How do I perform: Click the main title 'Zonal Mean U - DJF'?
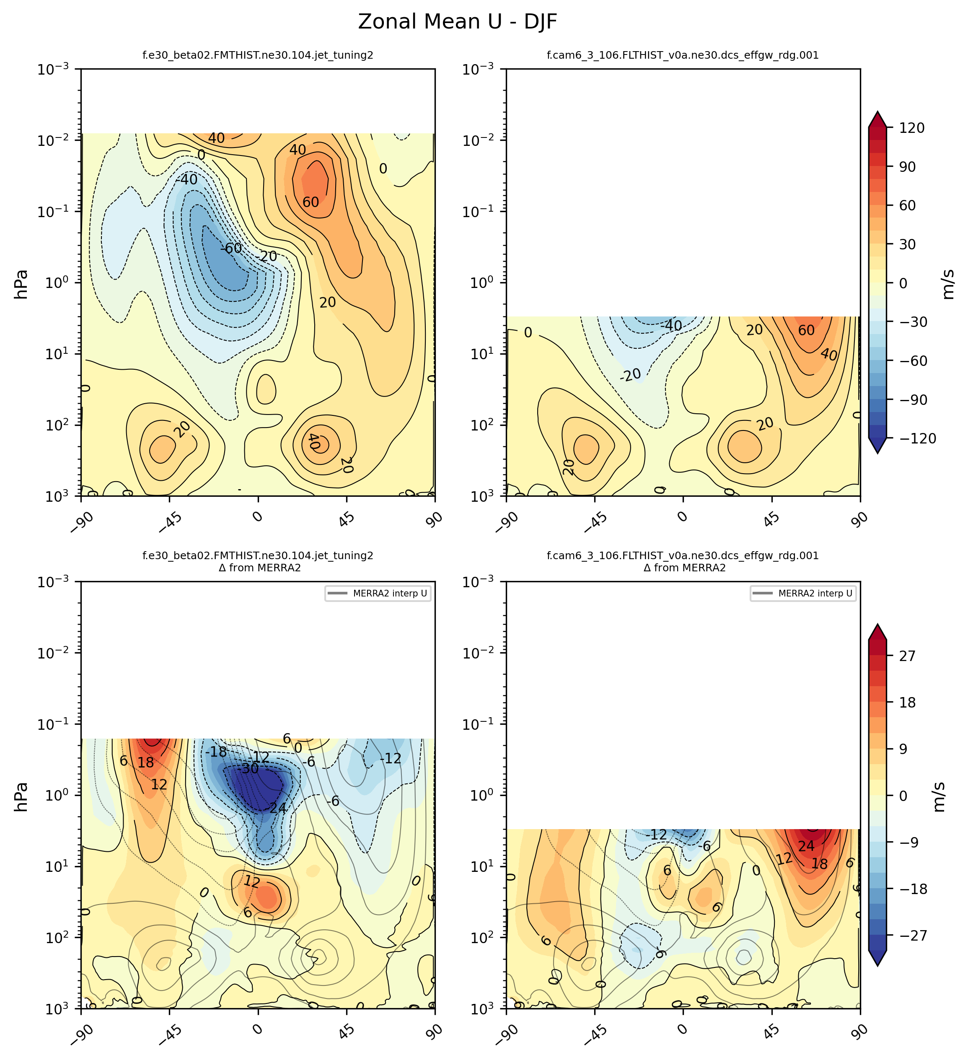click(x=457, y=22)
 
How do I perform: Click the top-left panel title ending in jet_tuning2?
click(x=258, y=55)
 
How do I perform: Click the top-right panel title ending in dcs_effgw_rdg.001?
click(x=683, y=55)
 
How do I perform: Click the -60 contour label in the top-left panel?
click(x=231, y=248)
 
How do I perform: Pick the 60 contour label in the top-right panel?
click(x=806, y=331)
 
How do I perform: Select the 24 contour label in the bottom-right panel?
click(x=806, y=846)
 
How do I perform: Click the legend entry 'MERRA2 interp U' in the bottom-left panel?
click(x=390, y=594)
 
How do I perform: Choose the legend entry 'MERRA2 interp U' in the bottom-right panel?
click(x=815, y=594)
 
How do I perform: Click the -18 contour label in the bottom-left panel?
click(x=216, y=752)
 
